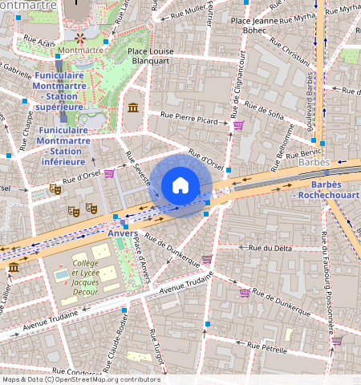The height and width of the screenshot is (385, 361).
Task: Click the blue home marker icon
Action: [180, 186]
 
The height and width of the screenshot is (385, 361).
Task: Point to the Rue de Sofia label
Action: [265, 111]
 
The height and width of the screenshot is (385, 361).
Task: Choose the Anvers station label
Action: [122, 233]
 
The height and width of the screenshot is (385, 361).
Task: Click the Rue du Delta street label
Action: [270, 248]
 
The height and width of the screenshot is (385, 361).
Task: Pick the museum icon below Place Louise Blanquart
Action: [132, 107]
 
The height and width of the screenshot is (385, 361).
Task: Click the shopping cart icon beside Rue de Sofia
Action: [238, 124]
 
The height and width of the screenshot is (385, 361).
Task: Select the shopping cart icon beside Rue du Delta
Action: [207, 259]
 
